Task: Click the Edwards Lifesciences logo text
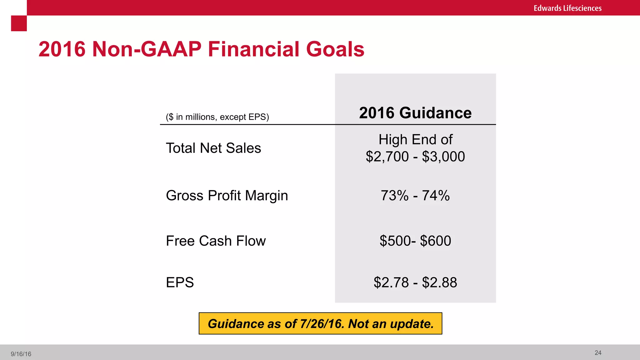pyautogui.click(x=567, y=8)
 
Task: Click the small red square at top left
pyautogui.click(x=19, y=23)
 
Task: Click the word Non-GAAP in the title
pyautogui.click(x=147, y=49)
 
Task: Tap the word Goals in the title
pyautogui.click(x=335, y=49)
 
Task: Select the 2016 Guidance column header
pyautogui.click(x=415, y=113)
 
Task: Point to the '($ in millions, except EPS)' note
pyautogui.click(x=217, y=117)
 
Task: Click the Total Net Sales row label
pyautogui.click(x=213, y=148)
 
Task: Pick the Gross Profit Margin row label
pyautogui.click(x=227, y=196)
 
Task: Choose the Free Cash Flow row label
pyautogui.click(x=216, y=241)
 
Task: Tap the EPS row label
pyautogui.click(x=180, y=282)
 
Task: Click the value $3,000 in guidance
pyautogui.click(x=443, y=157)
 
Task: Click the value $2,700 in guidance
pyautogui.click(x=387, y=157)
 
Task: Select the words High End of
pyautogui.click(x=415, y=140)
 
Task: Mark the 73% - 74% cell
pyautogui.click(x=415, y=196)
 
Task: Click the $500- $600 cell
pyautogui.click(x=415, y=241)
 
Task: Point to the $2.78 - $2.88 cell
pyautogui.click(x=415, y=282)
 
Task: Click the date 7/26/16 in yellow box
pyautogui.click(x=322, y=324)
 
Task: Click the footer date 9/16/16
pyautogui.click(x=21, y=354)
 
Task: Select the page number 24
pyautogui.click(x=598, y=353)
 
